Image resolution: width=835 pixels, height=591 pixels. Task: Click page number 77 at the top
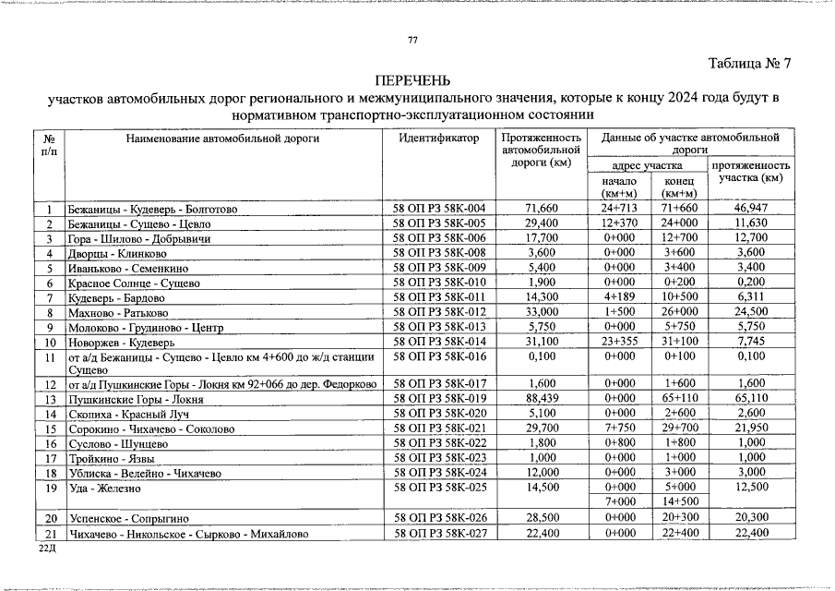412,39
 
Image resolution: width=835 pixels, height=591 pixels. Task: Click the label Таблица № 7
749,64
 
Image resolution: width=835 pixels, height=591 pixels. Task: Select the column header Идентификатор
440,138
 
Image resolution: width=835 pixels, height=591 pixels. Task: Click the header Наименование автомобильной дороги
222,138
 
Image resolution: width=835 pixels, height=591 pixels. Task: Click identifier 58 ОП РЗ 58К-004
440,210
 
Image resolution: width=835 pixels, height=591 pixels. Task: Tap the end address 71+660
678,210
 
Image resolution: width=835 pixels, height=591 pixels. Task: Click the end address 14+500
678,501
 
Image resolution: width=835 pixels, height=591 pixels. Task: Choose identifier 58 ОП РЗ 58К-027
440,533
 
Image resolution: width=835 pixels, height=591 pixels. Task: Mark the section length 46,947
750,210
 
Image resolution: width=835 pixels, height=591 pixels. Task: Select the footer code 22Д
46,548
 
